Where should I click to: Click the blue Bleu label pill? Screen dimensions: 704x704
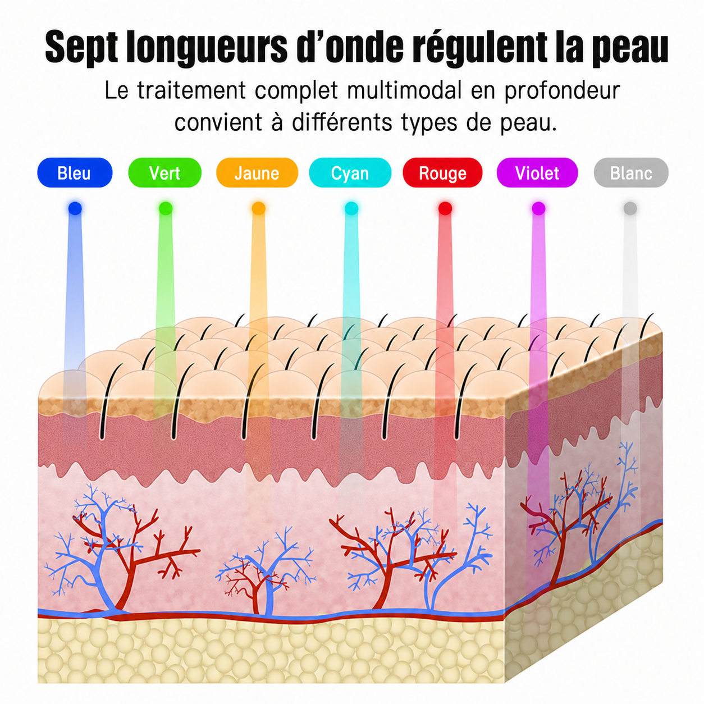75,172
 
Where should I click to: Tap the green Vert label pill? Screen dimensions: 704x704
164,172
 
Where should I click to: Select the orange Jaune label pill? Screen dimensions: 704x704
257,172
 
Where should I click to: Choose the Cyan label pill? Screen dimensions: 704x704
350,172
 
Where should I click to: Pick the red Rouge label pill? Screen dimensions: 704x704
442,172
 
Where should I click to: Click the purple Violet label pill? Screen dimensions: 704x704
537,172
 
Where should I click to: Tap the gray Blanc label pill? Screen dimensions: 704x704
631,172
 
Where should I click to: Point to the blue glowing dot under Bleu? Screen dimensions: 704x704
75,209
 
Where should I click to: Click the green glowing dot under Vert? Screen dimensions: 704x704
166,209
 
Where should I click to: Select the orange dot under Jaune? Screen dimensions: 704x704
258,209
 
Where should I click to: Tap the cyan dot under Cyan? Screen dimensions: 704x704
351,209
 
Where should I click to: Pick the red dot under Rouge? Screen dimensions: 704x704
445,209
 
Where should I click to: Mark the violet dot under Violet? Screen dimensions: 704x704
538,209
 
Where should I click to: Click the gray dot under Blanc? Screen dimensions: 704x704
630,209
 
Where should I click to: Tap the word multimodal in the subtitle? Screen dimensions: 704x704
404,90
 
